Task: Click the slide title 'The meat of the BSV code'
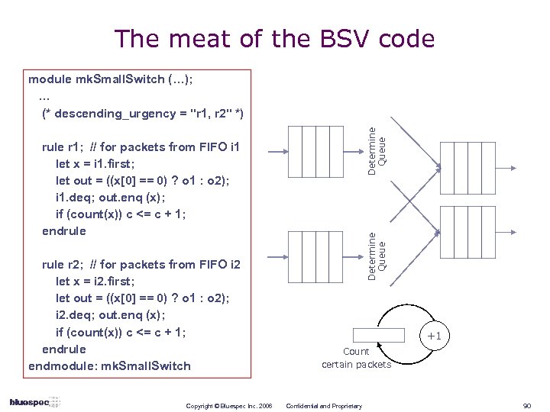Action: pos(274,38)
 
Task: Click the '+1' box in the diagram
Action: pos(434,336)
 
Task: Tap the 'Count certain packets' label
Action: pos(356,358)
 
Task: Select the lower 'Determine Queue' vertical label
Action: pos(377,256)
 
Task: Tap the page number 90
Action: pos(526,405)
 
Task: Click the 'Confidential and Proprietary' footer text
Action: pos(323,406)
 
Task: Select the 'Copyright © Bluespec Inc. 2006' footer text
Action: pos(229,406)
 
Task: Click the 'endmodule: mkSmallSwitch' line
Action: pos(109,365)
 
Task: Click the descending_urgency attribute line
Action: pos(143,113)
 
